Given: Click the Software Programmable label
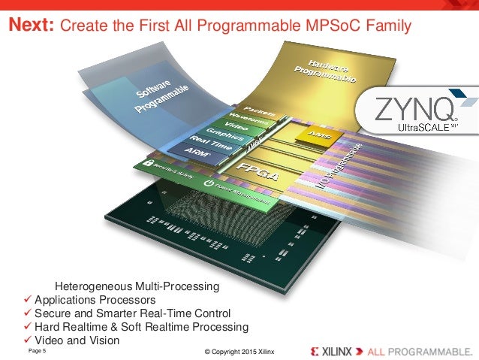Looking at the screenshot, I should pyautogui.click(x=161, y=94).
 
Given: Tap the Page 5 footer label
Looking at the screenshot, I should pyautogui.click(x=37, y=351).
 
